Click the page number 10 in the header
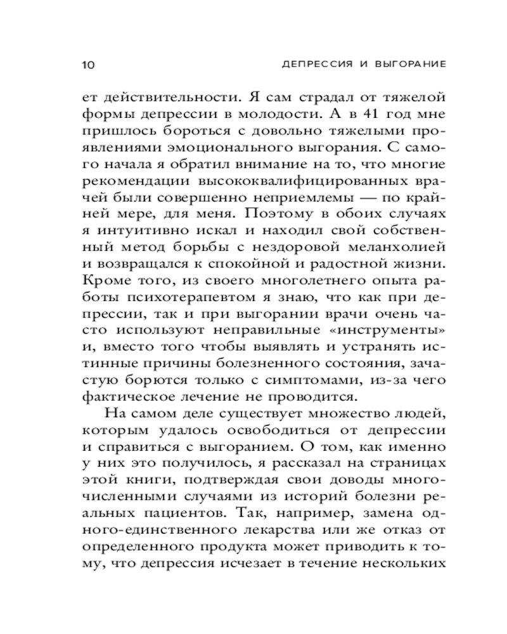[x=88, y=64]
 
